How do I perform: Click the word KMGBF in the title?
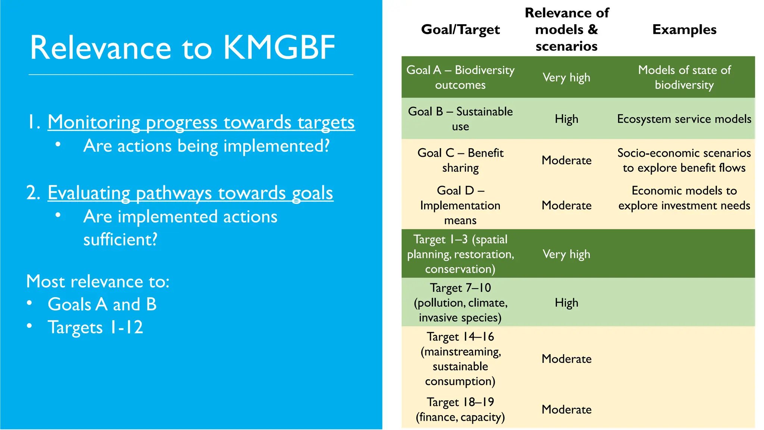(279, 48)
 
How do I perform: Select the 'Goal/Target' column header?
(460, 29)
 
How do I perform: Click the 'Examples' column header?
(684, 29)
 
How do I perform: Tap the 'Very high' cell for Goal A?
(566, 78)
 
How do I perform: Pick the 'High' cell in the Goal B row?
(566, 119)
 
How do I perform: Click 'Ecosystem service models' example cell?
(684, 119)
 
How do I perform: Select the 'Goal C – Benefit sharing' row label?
(460, 160)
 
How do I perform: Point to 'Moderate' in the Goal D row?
(566, 205)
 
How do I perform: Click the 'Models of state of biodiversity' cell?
(684, 77)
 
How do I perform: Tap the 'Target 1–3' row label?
(460, 254)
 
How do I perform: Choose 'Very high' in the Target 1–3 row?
(566, 254)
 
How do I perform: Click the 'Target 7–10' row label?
(460, 302)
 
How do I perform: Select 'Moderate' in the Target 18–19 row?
(566, 409)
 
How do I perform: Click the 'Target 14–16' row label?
(460, 359)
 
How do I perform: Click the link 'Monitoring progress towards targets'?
(201, 122)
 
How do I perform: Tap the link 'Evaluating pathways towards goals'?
(190, 193)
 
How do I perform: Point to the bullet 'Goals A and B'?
(102, 304)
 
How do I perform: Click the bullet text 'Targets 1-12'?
(95, 327)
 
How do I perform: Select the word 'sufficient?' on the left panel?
(120, 239)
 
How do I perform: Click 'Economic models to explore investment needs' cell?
(684, 198)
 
